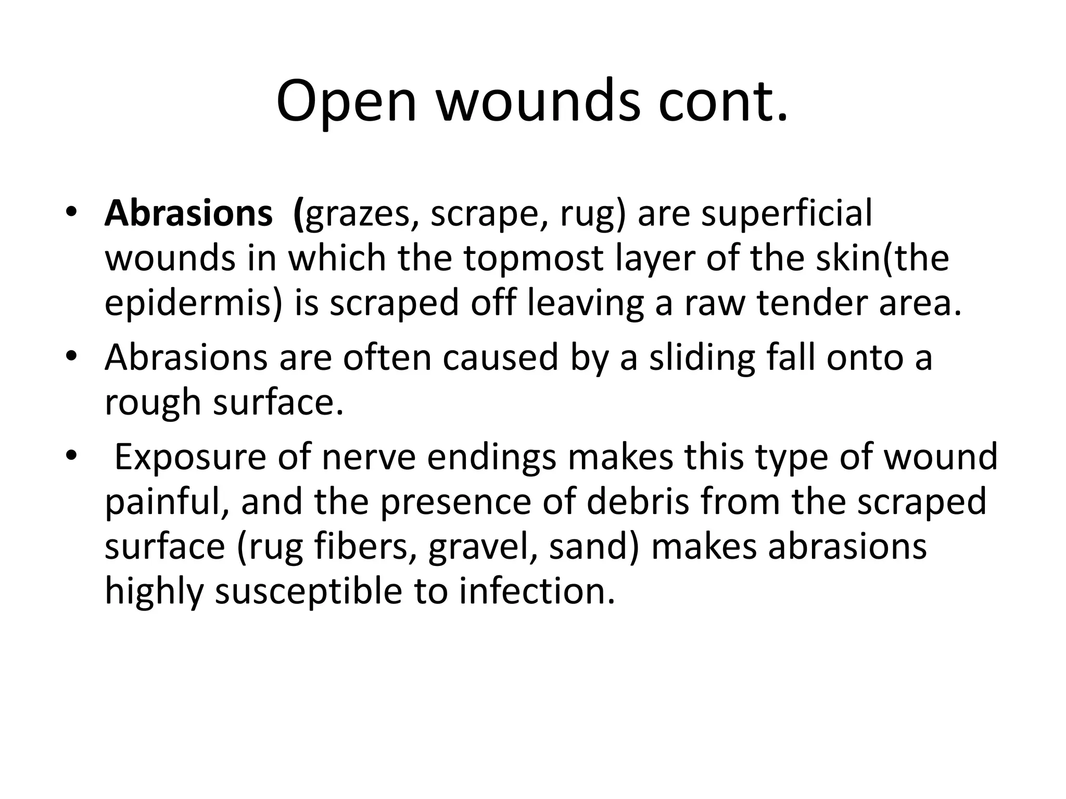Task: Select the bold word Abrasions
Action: (188, 214)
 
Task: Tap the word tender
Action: (811, 304)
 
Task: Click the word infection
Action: (537, 591)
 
